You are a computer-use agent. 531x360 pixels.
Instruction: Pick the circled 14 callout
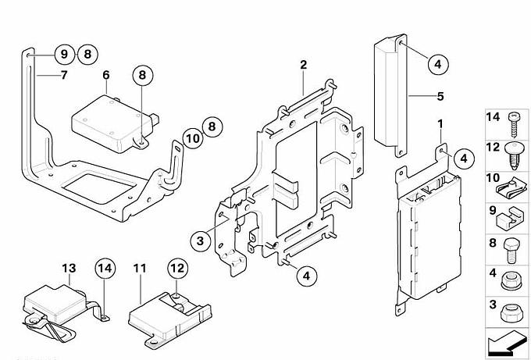(105, 269)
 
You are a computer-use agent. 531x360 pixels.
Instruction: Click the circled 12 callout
(176, 269)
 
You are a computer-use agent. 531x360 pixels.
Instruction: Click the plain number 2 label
(303, 64)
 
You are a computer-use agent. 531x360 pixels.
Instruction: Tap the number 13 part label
(69, 269)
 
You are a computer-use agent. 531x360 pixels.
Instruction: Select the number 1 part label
(440, 123)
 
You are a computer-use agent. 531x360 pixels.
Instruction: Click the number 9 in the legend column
(494, 209)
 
